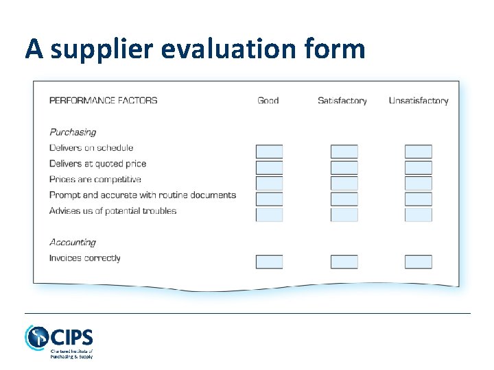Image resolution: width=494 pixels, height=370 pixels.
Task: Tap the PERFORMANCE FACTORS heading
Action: pyautogui.click(x=103, y=100)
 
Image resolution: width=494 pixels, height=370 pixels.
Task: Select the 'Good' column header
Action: pyautogui.click(x=268, y=100)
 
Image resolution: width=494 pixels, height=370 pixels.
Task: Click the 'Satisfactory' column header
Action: pyautogui.click(x=342, y=100)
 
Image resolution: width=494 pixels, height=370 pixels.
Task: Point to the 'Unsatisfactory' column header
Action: pyautogui.click(x=419, y=100)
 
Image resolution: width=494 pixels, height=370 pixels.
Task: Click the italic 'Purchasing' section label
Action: pyautogui.click(x=73, y=132)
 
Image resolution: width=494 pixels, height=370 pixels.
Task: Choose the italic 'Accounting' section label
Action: pyautogui.click(x=73, y=242)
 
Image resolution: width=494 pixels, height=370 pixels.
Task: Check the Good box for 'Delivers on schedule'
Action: pyautogui.click(x=269, y=151)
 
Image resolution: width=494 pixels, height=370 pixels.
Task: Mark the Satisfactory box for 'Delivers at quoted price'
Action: pyautogui.click(x=344, y=167)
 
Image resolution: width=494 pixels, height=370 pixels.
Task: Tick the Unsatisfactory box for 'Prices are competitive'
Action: pyautogui.click(x=418, y=183)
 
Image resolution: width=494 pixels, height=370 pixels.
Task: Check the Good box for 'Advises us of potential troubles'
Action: pyautogui.click(x=269, y=214)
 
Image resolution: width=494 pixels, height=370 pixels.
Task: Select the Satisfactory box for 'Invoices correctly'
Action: pyautogui.click(x=344, y=261)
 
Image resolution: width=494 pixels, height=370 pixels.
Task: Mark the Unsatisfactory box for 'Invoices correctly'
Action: pyautogui.click(x=418, y=261)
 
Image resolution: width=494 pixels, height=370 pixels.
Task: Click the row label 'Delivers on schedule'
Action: pyautogui.click(x=91, y=147)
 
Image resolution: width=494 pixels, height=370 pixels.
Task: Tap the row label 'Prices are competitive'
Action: pyautogui.click(x=95, y=179)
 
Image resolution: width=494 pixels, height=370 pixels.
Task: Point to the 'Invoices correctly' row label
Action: pyautogui.click(x=85, y=258)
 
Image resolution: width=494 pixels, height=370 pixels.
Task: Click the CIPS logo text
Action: pyautogui.click(x=71, y=338)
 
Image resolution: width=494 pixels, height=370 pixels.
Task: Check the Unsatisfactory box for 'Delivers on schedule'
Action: pyautogui.click(x=418, y=151)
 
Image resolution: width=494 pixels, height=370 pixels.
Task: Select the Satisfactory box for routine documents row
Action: pyautogui.click(x=344, y=199)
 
